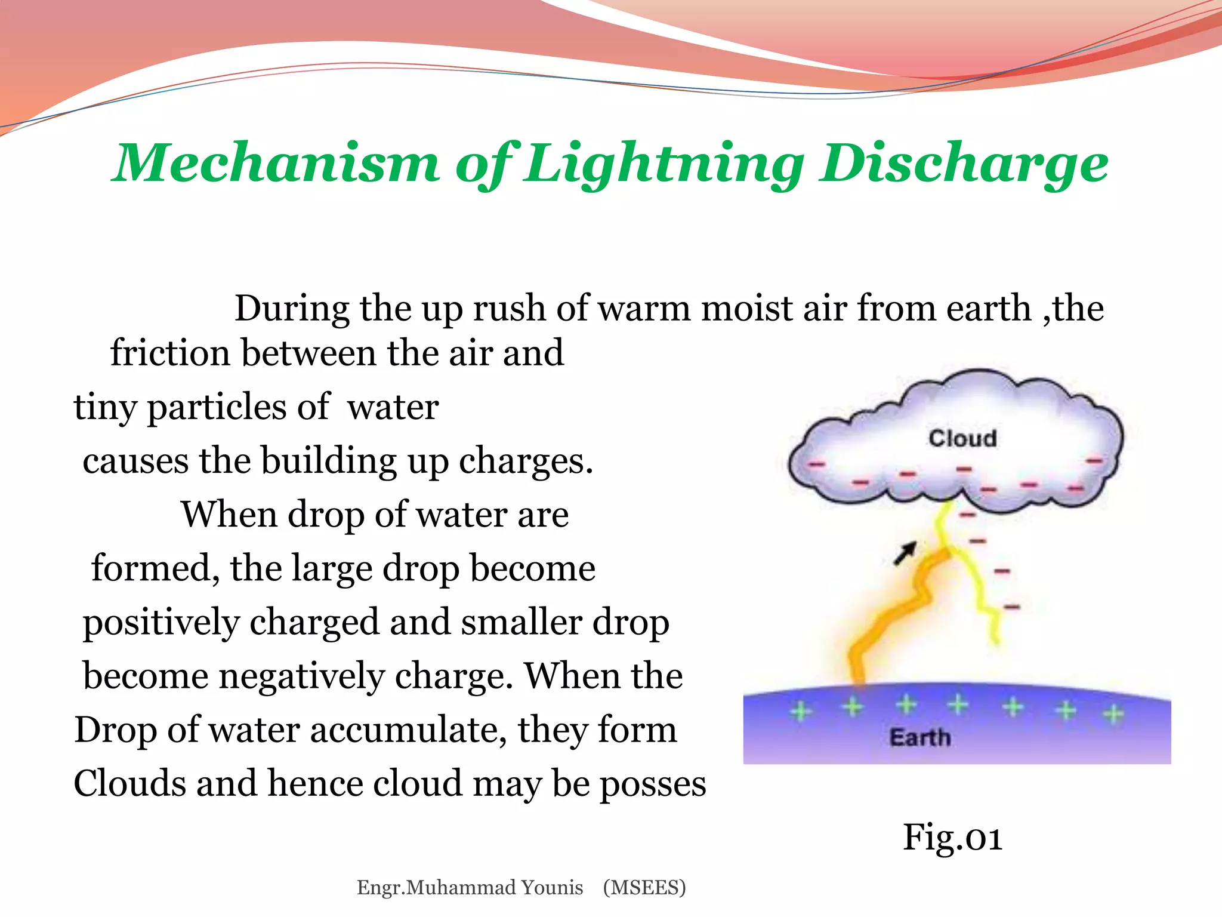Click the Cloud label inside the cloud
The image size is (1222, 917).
click(962, 439)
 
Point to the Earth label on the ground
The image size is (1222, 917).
click(920, 738)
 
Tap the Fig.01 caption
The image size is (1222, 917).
click(952, 837)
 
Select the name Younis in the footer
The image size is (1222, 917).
click(552, 888)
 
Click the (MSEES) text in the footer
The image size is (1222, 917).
click(644, 888)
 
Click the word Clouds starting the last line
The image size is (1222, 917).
click(129, 784)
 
